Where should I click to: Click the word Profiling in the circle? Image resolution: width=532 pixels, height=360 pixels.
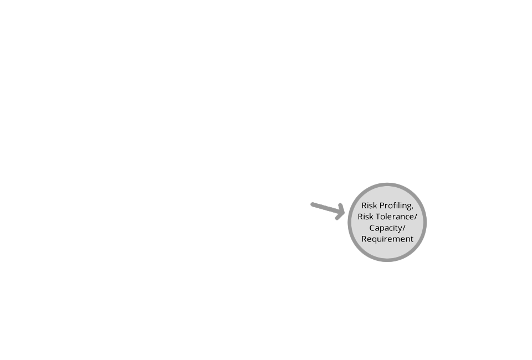(x=396, y=206)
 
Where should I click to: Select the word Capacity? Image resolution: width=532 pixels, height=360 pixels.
(x=386, y=228)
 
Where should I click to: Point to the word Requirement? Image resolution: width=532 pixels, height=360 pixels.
(x=387, y=239)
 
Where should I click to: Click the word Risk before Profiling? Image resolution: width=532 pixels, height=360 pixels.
(x=369, y=205)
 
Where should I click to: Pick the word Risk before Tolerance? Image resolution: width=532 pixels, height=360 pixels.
(x=365, y=217)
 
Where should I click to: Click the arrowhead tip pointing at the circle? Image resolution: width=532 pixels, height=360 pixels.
(x=345, y=213)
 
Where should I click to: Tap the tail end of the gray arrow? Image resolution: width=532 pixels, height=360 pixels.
(x=312, y=204)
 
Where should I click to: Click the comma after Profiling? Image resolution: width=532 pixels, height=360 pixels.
(x=412, y=208)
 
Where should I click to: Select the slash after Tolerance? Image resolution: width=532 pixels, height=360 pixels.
(x=416, y=217)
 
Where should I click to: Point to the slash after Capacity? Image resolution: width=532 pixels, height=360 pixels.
(x=404, y=228)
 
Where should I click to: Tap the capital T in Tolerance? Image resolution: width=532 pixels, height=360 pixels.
(x=378, y=217)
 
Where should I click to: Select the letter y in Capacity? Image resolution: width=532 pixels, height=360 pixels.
(x=400, y=229)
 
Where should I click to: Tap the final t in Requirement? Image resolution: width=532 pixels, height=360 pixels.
(x=412, y=239)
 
